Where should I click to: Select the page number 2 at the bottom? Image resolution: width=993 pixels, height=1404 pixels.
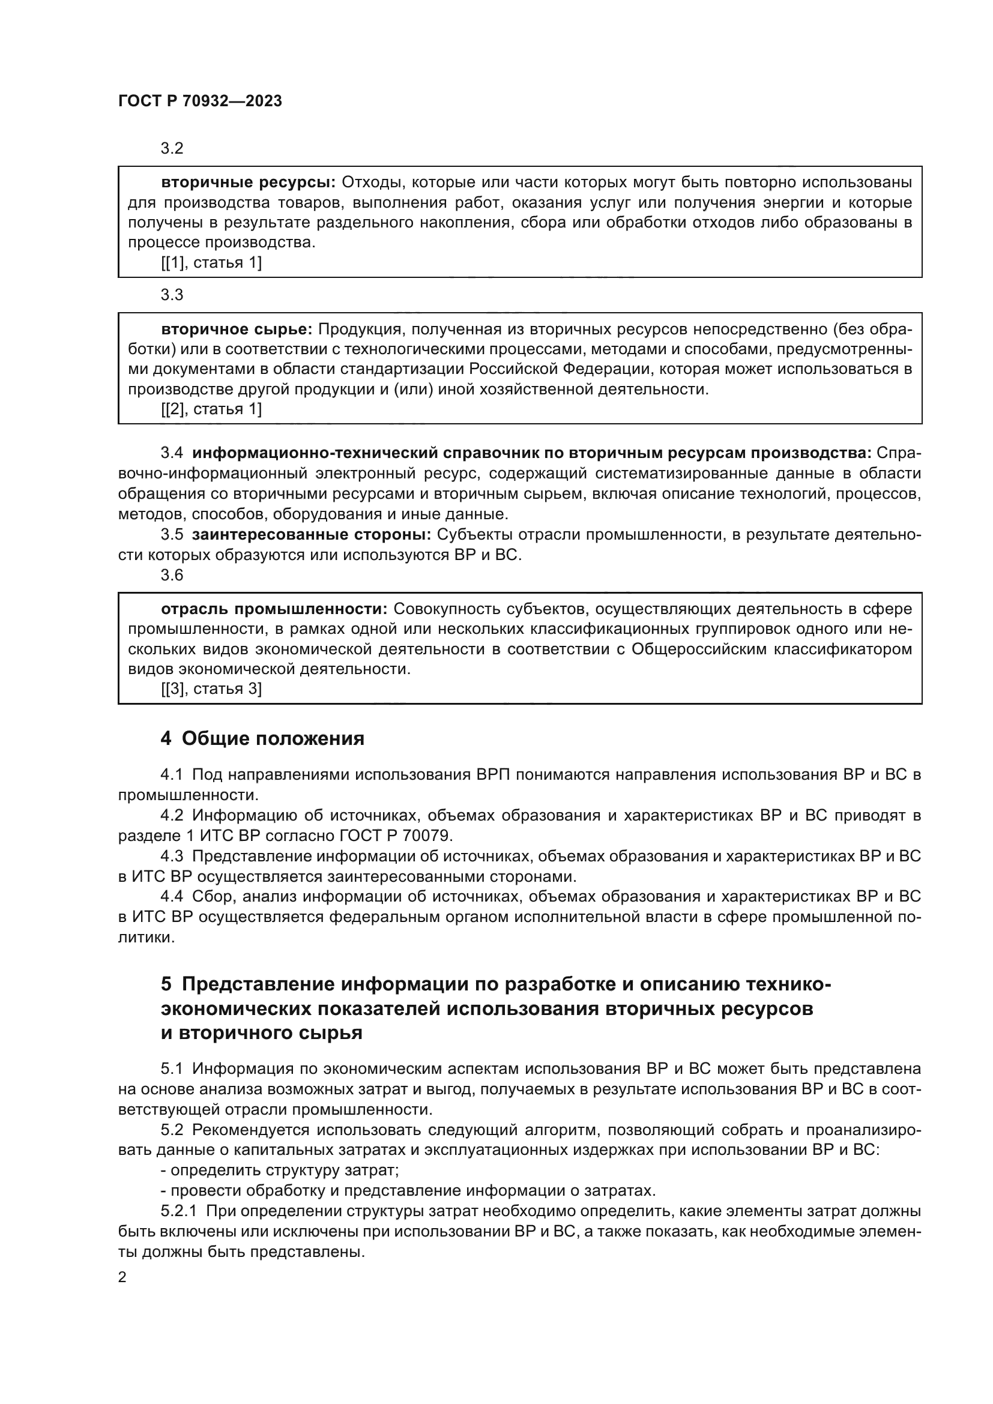point(122,1277)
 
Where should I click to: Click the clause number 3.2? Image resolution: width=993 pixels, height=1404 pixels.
point(172,149)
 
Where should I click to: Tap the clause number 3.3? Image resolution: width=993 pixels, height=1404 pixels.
point(172,295)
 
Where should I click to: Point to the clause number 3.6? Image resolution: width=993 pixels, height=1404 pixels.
point(172,575)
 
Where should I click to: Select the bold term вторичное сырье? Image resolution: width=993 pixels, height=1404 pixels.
point(237,330)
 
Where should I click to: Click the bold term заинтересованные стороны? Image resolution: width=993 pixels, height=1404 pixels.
point(311,534)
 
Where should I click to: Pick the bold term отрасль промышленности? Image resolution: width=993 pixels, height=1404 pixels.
point(274,609)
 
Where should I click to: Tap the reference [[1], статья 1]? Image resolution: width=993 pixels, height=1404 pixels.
point(211,263)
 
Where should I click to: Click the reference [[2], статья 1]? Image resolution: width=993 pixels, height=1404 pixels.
point(211,409)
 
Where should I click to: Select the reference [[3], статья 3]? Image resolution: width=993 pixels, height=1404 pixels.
point(211,689)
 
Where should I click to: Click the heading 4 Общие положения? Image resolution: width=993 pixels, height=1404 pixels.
point(262,739)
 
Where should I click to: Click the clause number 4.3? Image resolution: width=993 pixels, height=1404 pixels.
point(172,857)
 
